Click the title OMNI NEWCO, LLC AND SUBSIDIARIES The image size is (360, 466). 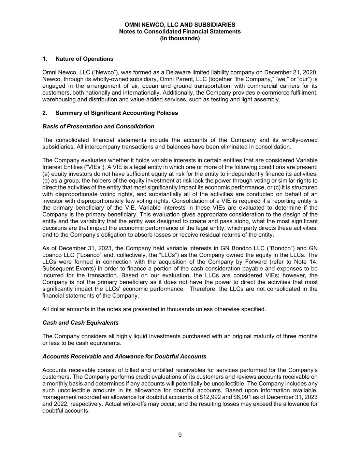pos(180,25)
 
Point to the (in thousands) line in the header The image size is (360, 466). pos(180,39)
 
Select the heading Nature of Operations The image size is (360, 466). pos(84,59)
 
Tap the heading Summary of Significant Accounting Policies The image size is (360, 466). pos(116,113)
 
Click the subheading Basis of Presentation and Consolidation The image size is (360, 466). pos(98,127)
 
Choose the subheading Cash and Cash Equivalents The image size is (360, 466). pos(81,323)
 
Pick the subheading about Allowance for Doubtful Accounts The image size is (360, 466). pos(124,356)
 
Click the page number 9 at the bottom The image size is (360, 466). pos(180,435)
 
